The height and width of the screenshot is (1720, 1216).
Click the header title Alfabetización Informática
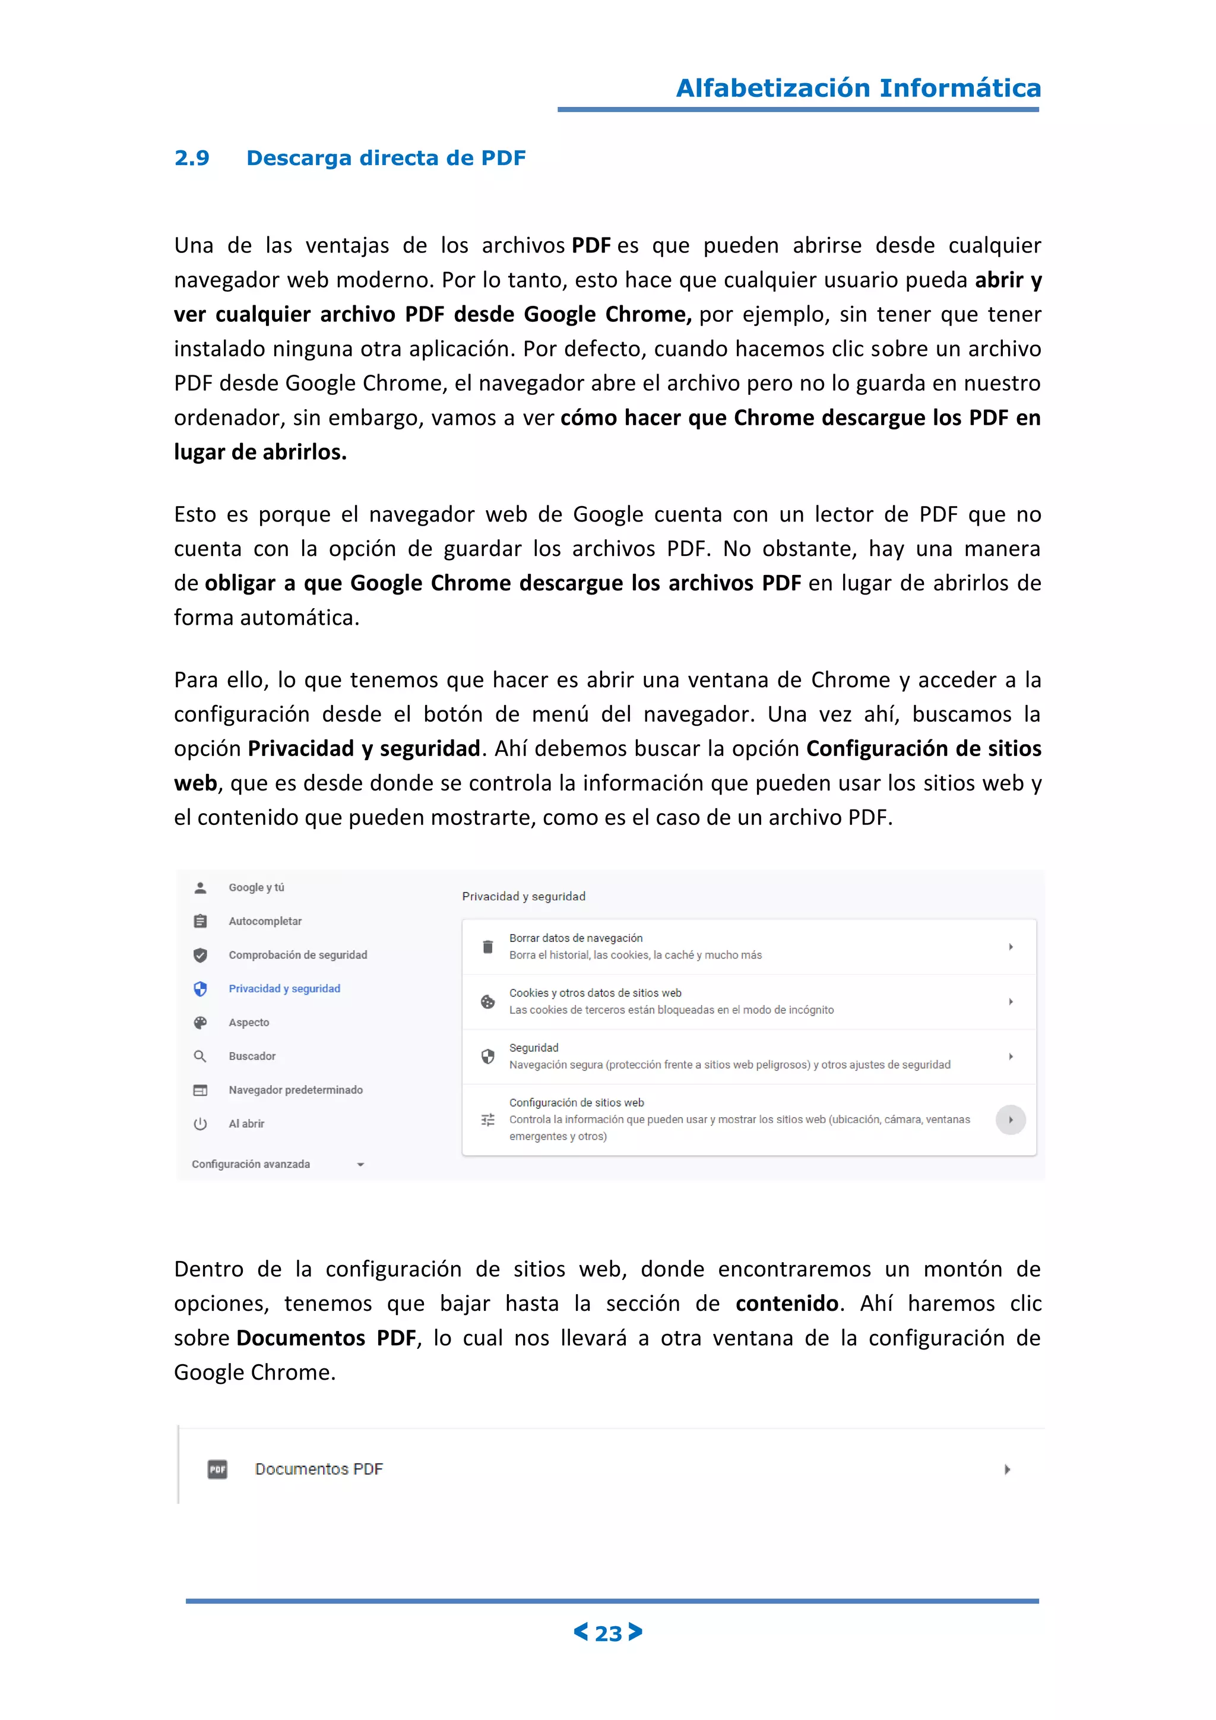(x=858, y=88)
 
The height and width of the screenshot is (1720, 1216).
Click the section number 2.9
(x=192, y=158)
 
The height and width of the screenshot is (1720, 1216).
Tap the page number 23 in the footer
(x=608, y=1633)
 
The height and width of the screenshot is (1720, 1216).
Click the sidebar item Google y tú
(x=256, y=888)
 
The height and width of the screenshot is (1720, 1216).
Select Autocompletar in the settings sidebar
(x=265, y=921)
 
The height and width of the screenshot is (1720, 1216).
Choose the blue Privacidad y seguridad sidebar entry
(x=284, y=989)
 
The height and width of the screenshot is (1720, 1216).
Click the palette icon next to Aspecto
(x=200, y=1023)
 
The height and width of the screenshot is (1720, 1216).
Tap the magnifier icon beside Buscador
(x=200, y=1056)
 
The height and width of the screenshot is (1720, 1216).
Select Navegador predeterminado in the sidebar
(x=296, y=1090)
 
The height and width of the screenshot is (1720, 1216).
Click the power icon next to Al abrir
(x=200, y=1124)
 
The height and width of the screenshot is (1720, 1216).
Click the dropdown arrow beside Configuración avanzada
(x=360, y=1165)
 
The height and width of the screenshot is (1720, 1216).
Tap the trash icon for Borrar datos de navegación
(x=488, y=947)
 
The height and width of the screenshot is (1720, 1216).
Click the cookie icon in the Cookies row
(x=488, y=1001)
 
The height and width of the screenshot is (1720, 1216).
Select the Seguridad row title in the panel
(x=534, y=1048)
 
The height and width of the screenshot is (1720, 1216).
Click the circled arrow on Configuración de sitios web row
(x=1010, y=1120)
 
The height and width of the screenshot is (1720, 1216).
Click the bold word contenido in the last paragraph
(x=786, y=1304)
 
